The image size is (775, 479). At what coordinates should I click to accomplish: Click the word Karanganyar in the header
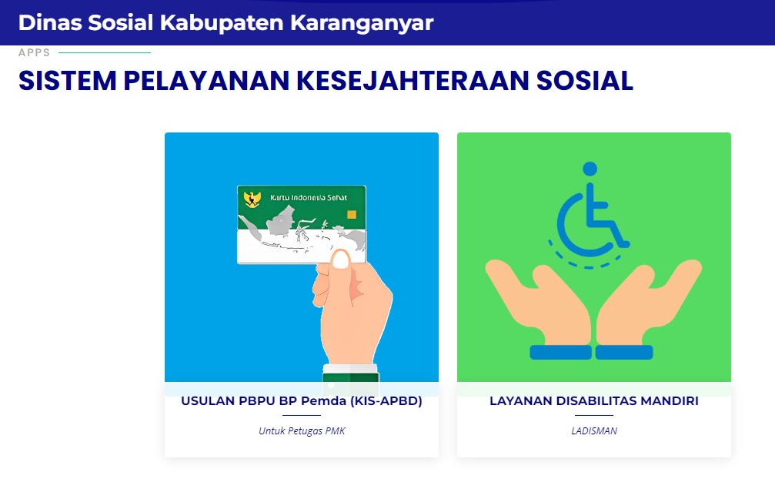tap(362, 23)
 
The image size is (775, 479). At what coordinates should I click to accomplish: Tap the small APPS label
tap(34, 52)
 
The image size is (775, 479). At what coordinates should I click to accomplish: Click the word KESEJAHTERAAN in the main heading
tap(413, 81)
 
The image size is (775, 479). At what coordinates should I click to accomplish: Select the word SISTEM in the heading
tap(67, 81)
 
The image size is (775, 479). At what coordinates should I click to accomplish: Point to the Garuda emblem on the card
tap(252, 199)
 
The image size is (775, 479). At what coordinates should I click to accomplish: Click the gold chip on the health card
tap(352, 215)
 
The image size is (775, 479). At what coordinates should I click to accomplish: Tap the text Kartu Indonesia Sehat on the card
tap(309, 198)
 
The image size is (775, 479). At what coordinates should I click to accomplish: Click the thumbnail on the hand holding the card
tap(340, 260)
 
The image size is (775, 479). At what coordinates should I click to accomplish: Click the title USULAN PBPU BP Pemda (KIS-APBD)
tap(302, 401)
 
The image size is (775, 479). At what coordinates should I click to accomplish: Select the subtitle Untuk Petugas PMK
tap(302, 431)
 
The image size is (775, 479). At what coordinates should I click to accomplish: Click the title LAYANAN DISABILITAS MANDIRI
tap(594, 401)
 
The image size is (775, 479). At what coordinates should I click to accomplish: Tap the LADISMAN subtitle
tap(594, 431)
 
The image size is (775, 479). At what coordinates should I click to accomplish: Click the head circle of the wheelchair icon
tap(590, 169)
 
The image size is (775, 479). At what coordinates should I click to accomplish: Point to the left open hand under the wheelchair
tap(539, 302)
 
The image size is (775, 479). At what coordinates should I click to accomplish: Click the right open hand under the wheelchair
tap(649, 302)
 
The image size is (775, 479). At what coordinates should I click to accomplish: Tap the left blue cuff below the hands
tap(560, 353)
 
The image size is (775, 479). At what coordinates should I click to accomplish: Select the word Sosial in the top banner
tap(121, 23)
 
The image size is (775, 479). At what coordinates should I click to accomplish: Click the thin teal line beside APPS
tap(105, 52)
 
